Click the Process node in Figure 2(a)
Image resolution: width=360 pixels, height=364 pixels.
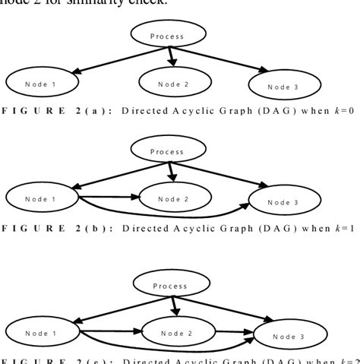pos(168,35)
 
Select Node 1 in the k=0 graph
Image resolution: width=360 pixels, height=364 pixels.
pos(43,81)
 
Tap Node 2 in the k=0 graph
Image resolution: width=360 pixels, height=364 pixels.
pos(173,83)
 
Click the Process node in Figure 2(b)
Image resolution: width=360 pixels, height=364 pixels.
pos(168,151)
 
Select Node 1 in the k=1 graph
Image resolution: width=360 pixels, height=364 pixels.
pos(43,198)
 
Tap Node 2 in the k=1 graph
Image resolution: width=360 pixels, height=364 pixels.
pos(173,199)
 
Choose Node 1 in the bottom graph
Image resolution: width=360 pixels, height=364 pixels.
pos(43,332)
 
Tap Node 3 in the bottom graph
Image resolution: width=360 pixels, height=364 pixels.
pos(289,335)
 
